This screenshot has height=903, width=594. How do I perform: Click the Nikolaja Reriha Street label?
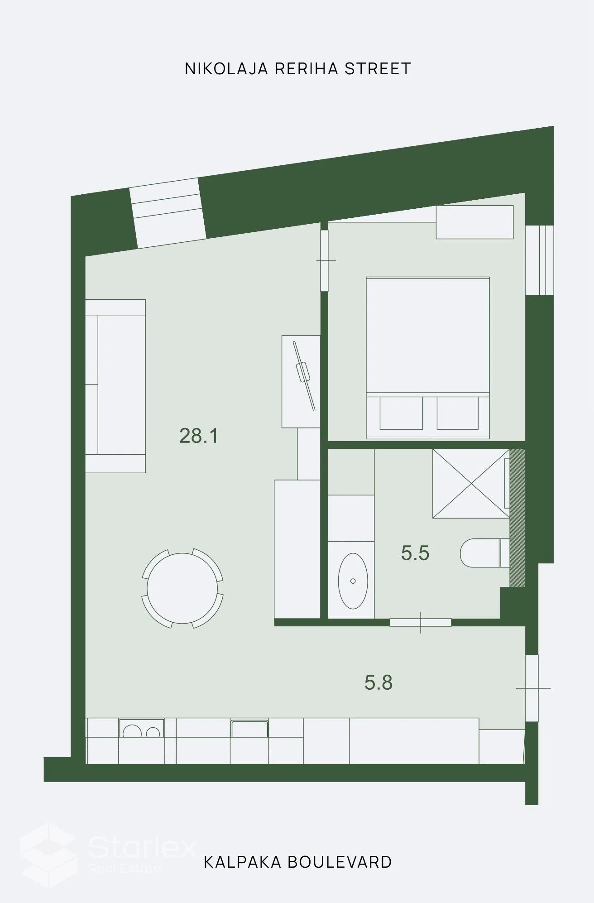(x=297, y=69)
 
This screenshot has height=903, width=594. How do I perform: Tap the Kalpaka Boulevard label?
(x=297, y=862)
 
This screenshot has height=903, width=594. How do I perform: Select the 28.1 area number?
(x=199, y=436)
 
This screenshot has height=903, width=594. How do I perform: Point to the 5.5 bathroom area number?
(x=415, y=553)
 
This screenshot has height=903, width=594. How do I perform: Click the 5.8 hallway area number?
(x=378, y=682)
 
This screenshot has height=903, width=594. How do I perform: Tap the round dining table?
(x=182, y=588)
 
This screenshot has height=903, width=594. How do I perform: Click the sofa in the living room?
(x=115, y=386)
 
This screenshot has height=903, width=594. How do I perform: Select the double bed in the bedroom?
(x=428, y=358)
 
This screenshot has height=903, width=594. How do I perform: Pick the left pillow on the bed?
(x=401, y=413)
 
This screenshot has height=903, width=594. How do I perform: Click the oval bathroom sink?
(x=353, y=581)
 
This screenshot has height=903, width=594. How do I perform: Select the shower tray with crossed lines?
(x=471, y=484)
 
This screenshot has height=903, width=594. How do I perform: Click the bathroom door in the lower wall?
(x=421, y=622)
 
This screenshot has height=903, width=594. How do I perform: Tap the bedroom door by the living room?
(x=325, y=261)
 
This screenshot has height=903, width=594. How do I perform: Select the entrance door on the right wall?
(x=532, y=688)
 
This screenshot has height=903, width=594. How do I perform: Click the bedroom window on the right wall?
(x=540, y=260)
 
